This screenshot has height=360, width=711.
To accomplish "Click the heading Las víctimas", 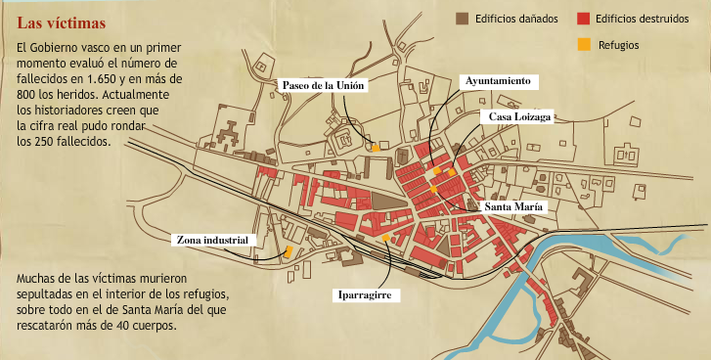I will (x=62, y=22).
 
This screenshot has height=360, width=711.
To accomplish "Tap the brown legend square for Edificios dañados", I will (x=462, y=18).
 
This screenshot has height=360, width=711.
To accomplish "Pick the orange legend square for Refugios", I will (x=584, y=44).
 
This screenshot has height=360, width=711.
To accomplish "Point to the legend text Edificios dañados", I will (x=516, y=18).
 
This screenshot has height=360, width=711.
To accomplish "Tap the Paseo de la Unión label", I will (x=324, y=86).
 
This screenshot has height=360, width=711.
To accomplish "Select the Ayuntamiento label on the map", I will (x=499, y=80).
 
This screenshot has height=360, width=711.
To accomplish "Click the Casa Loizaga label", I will (x=520, y=115).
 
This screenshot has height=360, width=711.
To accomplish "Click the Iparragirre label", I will (x=368, y=292).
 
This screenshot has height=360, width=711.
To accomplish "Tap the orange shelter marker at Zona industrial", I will (x=289, y=251).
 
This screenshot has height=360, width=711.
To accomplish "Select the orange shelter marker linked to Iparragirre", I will (x=387, y=238).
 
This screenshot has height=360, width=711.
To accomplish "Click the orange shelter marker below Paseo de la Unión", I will (x=375, y=148).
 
